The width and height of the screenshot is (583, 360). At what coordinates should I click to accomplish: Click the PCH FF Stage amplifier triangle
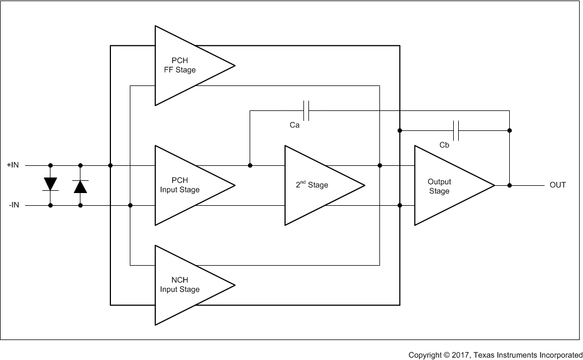pos(183,65)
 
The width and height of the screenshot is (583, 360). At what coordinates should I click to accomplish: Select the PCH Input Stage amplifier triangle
pos(183,185)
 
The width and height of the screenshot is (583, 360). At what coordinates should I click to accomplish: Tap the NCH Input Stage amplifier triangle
pos(183,285)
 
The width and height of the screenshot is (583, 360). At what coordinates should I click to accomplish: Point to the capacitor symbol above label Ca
pos(306,110)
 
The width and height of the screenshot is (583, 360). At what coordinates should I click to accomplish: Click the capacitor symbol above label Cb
pos(456,131)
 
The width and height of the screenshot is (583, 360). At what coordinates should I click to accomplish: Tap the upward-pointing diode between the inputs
pos(80,186)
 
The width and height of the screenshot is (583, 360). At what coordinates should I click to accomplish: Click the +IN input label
pos(13,165)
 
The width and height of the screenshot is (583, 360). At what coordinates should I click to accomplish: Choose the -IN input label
pos(14,205)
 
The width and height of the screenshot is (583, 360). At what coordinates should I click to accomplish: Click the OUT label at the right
pos(557,185)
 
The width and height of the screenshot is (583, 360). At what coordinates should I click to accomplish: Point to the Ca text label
pos(295,125)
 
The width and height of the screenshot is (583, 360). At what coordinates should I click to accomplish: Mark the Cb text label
pos(444,145)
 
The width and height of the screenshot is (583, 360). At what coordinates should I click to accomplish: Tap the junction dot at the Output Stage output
pos(510,185)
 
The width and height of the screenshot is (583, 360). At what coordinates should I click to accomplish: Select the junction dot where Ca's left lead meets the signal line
pos(250,165)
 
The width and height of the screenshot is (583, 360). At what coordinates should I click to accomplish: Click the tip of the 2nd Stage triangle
pos(364,185)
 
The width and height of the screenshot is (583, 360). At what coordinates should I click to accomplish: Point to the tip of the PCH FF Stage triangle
pos(235,65)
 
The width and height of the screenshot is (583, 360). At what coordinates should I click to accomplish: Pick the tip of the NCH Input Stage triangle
pos(235,285)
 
